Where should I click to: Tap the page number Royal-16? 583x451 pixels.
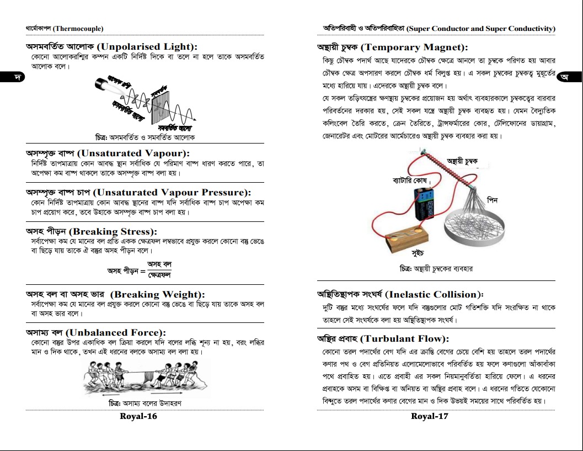click(x=138, y=416)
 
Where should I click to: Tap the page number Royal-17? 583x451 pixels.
click(x=430, y=416)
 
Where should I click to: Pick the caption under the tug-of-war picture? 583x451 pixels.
click(x=146, y=403)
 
